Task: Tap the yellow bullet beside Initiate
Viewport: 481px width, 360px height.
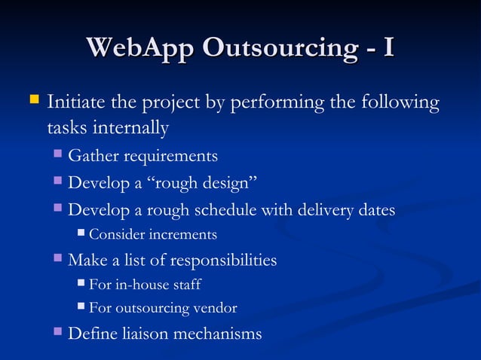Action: coord(33,99)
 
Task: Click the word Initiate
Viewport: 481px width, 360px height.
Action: coord(75,102)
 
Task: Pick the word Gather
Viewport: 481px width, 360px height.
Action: coord(93,156)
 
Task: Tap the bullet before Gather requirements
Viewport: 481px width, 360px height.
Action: coord(59,155)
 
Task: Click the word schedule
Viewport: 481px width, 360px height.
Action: coord(225,210)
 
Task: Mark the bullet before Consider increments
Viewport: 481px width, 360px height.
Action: coord(81,234)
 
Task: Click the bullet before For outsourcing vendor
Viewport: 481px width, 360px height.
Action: coord(81,307)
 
